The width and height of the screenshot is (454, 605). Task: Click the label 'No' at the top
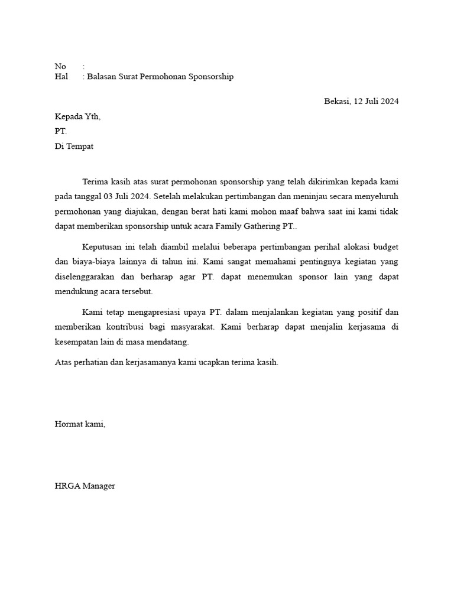click(60, 66)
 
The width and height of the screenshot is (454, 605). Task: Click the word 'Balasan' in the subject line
click(102, 77)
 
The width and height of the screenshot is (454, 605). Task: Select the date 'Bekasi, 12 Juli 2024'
click(361, 101)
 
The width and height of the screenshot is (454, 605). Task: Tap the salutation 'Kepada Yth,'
click(77, 116)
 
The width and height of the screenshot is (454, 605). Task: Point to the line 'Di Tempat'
click(74, 147)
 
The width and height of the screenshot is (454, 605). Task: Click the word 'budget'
click(384, 246)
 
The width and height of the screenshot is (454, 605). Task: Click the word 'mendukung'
click(74, 292)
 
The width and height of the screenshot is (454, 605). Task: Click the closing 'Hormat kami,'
click(80, 424)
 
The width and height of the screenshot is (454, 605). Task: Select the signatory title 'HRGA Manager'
click(85, 486)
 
